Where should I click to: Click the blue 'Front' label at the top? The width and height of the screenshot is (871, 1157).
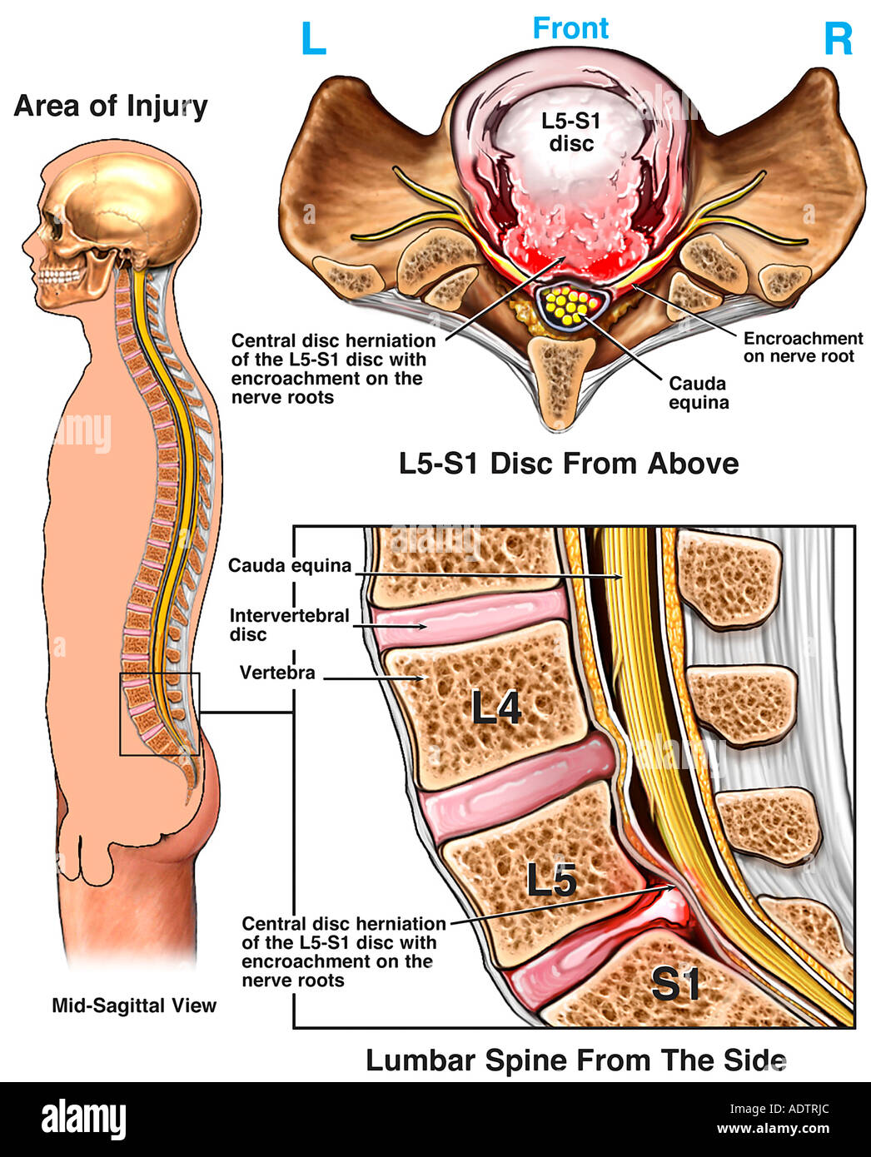pos(570,28)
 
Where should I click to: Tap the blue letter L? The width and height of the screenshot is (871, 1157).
pos(313,39)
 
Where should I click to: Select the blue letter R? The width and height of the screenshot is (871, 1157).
pos(838,39)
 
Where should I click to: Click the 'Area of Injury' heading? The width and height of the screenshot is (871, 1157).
pos(111,107)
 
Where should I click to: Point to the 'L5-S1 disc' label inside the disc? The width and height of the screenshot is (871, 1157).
pos(570,132)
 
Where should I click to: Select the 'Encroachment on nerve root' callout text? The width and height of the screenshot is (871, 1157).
pos(802,347)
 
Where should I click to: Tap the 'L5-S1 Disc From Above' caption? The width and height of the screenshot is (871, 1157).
pos(569,464)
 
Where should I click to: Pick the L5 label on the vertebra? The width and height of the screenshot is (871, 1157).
pos(551,879)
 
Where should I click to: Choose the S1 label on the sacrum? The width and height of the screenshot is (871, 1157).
pos(675,985)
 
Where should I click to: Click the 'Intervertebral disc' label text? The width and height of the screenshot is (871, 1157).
pos(289,625)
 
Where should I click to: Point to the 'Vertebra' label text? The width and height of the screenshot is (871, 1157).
pos(277,673)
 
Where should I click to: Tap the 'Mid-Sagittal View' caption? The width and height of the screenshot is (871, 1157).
pos(134,1006)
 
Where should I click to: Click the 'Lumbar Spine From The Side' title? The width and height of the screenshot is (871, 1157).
pos(575,1060)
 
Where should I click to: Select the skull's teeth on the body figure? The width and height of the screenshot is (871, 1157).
pos(61,276)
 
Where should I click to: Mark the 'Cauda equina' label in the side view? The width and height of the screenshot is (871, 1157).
pos(290,566)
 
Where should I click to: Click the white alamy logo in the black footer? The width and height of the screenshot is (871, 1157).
pos(84,1120)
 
